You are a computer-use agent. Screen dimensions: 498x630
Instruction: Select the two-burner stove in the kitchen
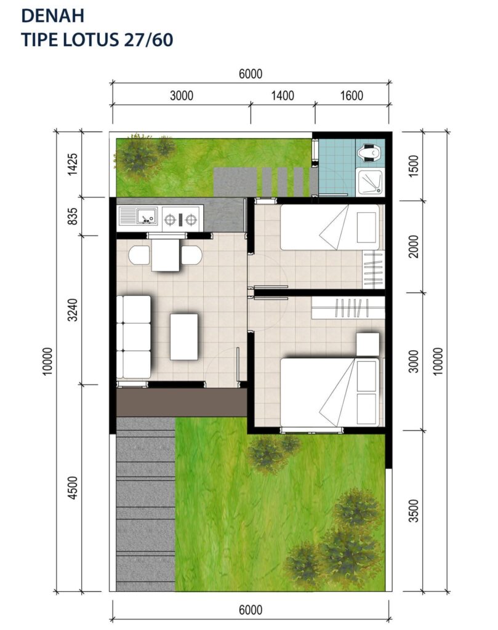181,219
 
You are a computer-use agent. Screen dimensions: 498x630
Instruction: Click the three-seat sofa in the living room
134,337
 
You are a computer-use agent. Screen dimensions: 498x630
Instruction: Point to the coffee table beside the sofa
184,337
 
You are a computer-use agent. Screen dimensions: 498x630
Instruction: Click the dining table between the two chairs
166,255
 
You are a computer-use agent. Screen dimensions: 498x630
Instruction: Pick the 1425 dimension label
73,164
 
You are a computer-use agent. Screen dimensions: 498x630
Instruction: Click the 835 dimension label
73,216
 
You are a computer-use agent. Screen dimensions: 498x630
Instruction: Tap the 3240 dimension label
73,310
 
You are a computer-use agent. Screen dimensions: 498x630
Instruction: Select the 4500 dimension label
73,488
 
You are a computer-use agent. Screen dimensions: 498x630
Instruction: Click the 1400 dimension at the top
283,95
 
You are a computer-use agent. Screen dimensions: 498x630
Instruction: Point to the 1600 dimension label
351,95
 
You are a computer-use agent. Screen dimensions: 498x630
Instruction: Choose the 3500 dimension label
414,511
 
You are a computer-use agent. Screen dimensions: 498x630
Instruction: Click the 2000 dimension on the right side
414,246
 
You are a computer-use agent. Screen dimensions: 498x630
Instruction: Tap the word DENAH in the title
53,15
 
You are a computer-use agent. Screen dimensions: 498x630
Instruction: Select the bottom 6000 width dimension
251,610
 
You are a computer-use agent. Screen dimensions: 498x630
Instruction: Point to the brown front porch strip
182,402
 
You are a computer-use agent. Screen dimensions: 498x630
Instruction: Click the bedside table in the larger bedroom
367,344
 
